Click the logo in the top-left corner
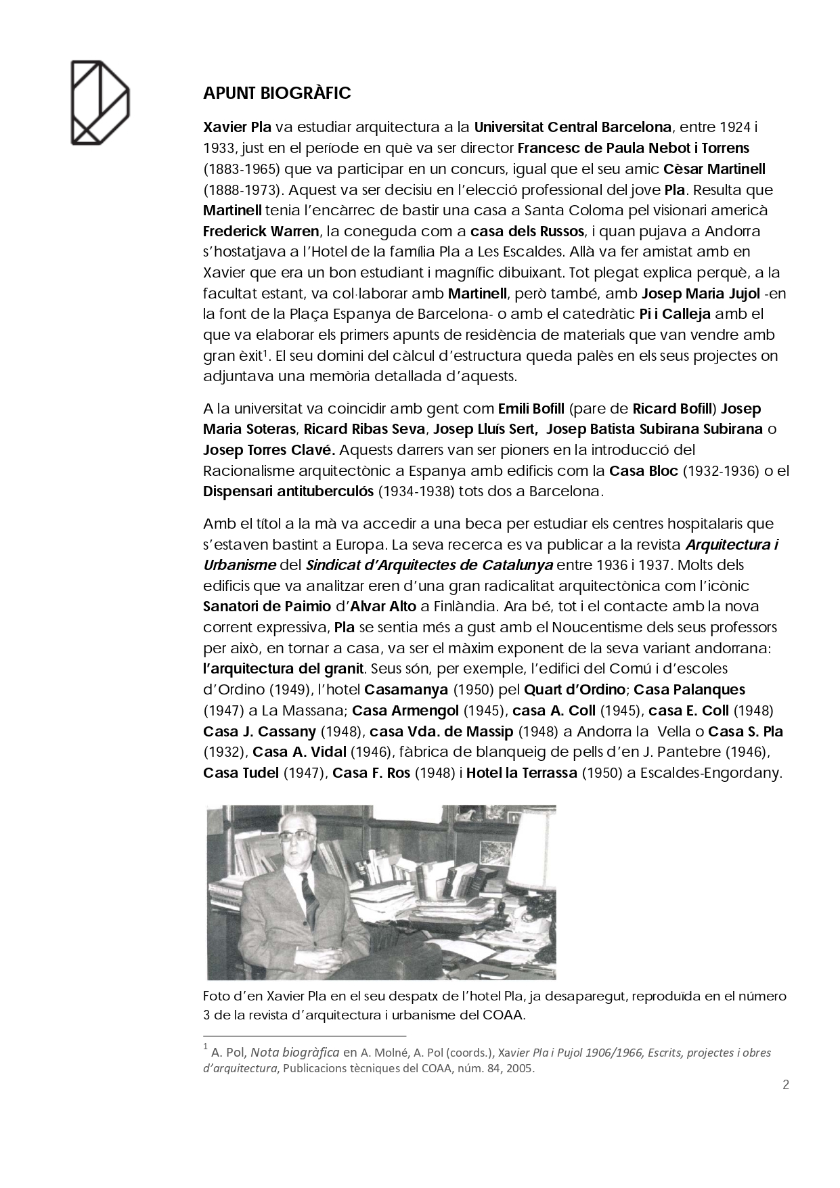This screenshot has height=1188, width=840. (x=100, y=102)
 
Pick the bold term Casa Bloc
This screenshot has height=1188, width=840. (x=643, y=471)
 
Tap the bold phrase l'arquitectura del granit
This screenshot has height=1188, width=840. (x=284, y=669)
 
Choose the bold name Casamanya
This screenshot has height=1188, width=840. (x=405, y=690)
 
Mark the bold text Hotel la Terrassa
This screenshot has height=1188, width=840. (x=521, y=773)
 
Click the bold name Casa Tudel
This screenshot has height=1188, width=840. (x=240, y=773)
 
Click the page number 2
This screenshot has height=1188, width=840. (x=785, y=1085)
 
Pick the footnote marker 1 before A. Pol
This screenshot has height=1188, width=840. (x=205, y=1047)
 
